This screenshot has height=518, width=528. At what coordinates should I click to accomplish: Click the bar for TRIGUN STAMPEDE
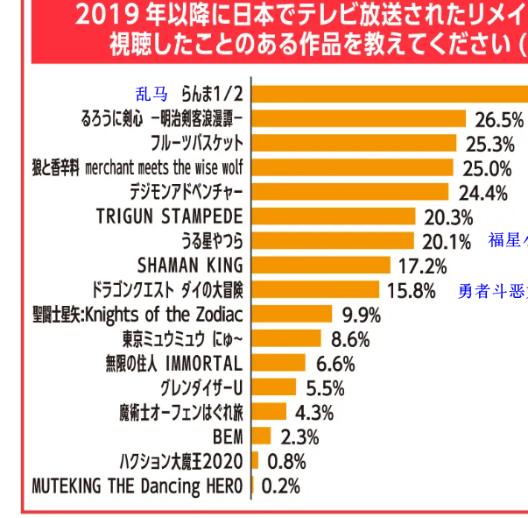coord(333,216)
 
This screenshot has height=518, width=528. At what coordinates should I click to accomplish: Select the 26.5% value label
coord(498,119)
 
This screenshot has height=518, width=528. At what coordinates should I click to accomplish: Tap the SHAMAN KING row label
coord(190,265)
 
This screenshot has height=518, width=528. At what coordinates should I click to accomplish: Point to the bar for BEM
coord(261,436)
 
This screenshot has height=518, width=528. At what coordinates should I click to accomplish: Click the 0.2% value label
coord(281,485)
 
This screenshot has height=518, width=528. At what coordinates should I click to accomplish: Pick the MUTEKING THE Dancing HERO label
coord(137,485)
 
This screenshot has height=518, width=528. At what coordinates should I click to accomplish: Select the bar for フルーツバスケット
coord(354,143)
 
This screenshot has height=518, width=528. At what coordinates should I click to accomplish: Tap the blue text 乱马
coord(151,94)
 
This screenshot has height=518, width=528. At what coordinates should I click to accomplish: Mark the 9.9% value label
coord(361,314)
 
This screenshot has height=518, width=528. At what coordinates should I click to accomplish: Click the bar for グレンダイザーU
coord(274,387)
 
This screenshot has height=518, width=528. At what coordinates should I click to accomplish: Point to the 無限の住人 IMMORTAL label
coord(172,363)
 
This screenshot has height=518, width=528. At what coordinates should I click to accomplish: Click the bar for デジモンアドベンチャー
coord(349,191)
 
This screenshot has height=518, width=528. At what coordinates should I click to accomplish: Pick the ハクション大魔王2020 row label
coord(180,460)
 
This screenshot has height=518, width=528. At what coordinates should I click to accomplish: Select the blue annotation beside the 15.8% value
coord(492,290)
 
